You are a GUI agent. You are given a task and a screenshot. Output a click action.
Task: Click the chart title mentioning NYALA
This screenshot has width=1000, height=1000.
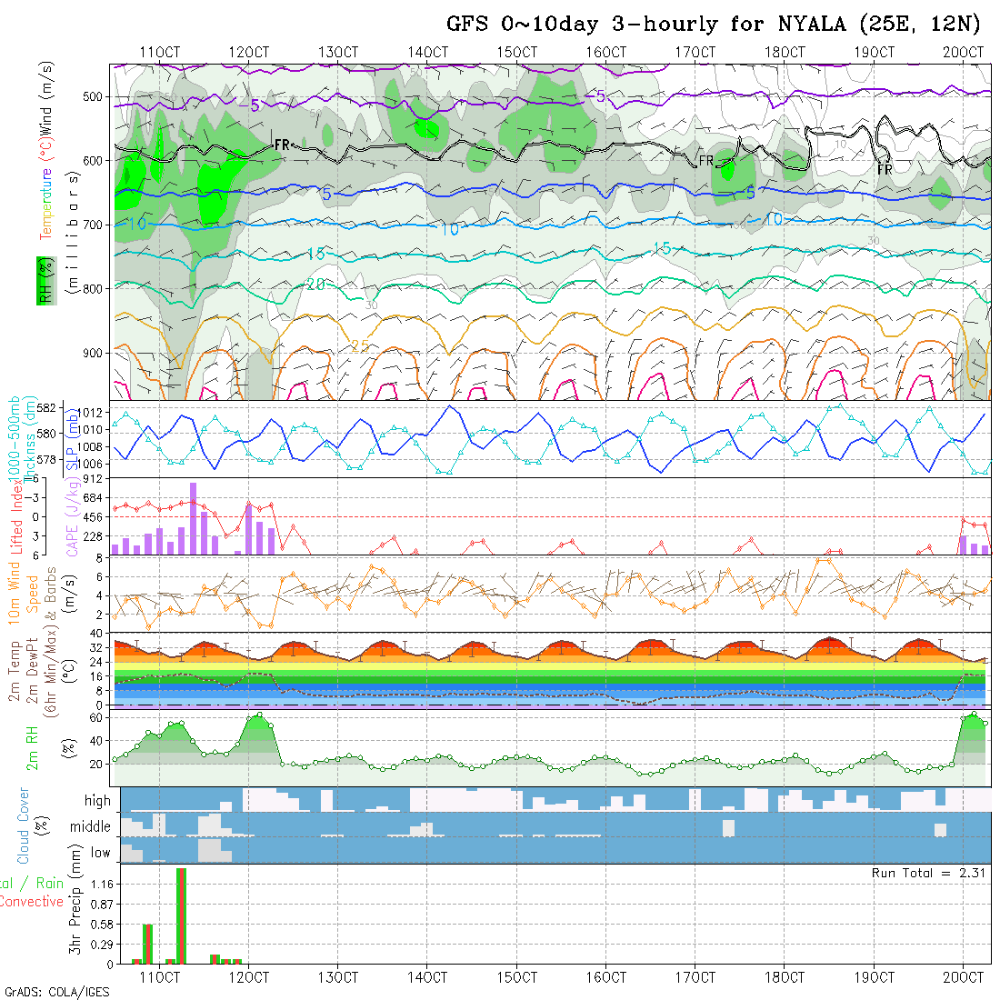(x=715, y=24)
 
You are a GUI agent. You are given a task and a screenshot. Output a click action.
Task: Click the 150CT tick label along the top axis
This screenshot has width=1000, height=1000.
(x=516, y=53)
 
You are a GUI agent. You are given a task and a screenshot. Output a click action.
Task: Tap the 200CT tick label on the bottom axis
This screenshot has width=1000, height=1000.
(x=964, y=977)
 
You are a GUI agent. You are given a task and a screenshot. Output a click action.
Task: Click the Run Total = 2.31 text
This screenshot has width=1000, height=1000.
(x=929, y=873)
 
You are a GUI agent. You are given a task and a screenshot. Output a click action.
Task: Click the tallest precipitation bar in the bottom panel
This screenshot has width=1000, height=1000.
(x=181, y=915)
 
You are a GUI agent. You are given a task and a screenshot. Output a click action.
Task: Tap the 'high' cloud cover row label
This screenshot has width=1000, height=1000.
(x=97, y=801)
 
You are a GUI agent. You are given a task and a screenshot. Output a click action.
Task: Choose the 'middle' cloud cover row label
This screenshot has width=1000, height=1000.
(x=91, y=827)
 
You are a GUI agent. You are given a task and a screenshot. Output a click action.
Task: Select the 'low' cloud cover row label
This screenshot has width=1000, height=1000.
(x=100, y=853)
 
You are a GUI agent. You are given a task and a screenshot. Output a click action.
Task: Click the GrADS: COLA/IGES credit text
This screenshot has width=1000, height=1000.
(x=56, y=992)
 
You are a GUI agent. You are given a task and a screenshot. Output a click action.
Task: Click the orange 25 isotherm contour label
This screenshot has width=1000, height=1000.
(x=360, y=346)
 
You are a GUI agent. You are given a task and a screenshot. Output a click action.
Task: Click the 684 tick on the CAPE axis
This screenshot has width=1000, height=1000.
(x=95, y=498)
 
